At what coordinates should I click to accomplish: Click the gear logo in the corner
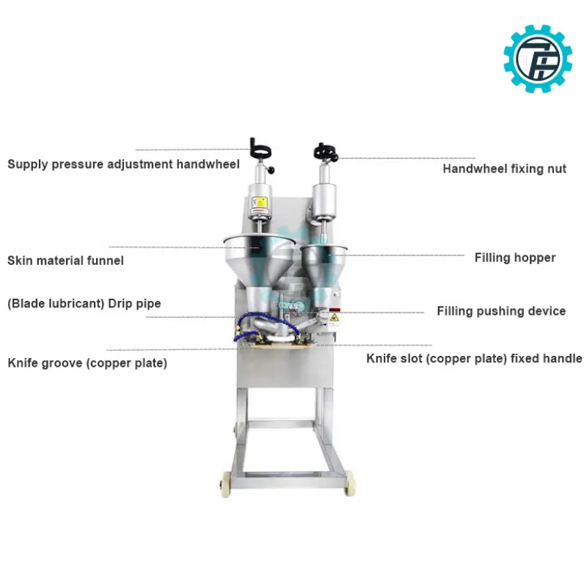pyautogui.click(x=538, y=59)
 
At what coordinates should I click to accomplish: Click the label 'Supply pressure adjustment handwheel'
pyautogui.click(x=123, y=164)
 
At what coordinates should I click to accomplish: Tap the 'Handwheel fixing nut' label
pyautogui.click(x=504, y=169)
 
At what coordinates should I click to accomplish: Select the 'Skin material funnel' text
pyautogui.click(x=65, y=260)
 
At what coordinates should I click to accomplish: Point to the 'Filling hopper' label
pyautogui.click(x=515, y=258)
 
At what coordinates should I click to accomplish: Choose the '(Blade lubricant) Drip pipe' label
pyautogui.click(x=84, y=304)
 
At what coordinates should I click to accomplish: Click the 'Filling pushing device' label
pyautogui.click(x=501, y=311)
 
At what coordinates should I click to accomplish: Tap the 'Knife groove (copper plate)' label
pyautogui.click(x=87, y=363)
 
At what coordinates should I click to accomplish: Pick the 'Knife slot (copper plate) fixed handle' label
pyautogui.click(x=474, y=359)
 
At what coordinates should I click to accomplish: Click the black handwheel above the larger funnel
pyautogui.click(x=260, y=150)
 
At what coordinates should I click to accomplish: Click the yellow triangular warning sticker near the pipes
pyautogui.click(x=334, y=318)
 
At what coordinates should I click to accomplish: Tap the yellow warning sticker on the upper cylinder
pyautogui.click(x=259, y=203)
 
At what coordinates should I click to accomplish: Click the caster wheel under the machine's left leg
pyautogui.click(x=227, y=484)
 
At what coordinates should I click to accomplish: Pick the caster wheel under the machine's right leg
pyautogui.click(x=349, y=483)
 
